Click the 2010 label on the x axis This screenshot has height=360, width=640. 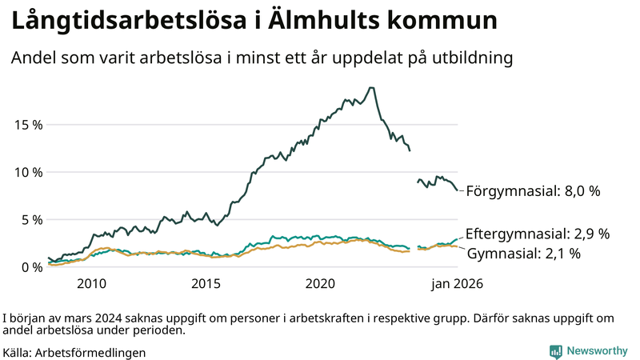pyautogui.click(x=91, y=284)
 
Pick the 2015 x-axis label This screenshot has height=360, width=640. pyautogui.click(x=206, y=284)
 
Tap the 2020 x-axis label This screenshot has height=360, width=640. pyautogui.click(x=320, y=284)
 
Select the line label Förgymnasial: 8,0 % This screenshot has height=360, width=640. pyautogui.click(x=532, y=192)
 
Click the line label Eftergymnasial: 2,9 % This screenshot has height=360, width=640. pyautogui.click(x=537, y=234)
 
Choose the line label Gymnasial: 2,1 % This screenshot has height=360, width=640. pyautogui.click(x=523, y=254)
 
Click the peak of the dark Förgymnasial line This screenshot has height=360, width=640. pyautogui.click(x=370, y=88)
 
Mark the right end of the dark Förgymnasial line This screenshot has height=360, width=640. pyautogui.click(x=458, y=190)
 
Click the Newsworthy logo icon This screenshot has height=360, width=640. pyautogui.click(x=555, y=351)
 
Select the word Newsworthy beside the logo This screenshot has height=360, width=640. pyautogui.click(x=597, y=351)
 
